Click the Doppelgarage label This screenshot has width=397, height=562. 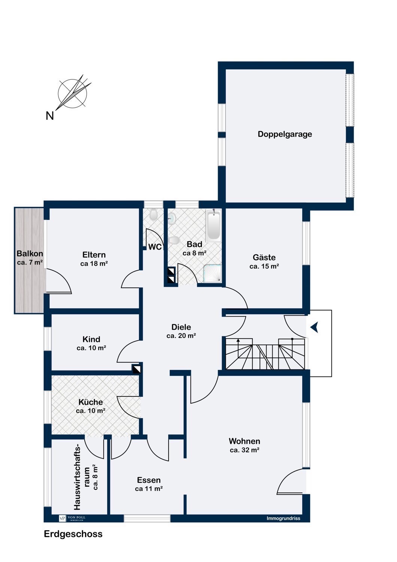(x=285, y=134)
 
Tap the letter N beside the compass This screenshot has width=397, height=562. (x=50, y=116)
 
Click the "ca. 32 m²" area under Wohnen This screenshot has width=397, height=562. (x=245, y=450)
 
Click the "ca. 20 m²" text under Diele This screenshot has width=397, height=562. (x=181, y=336)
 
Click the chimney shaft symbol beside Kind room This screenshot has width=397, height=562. (x=137, y=369)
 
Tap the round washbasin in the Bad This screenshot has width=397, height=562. (x=172, y=218)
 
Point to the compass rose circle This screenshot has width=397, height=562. (x=73, y=94)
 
